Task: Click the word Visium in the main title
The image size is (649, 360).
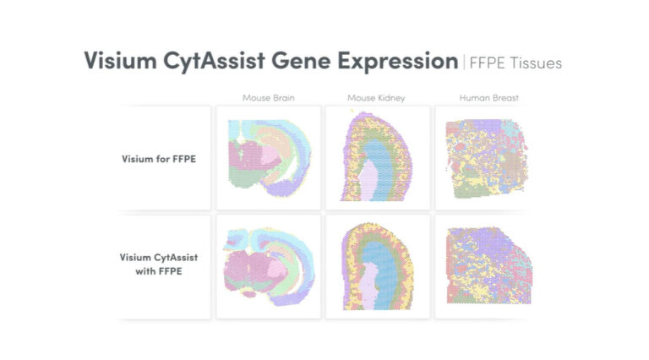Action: pos(117,61)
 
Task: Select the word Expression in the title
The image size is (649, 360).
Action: pos(393,61)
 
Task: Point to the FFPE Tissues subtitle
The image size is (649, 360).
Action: pos(515,62)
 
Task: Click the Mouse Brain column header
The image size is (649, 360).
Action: pos(268,98)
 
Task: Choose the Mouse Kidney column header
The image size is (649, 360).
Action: pos(376,98)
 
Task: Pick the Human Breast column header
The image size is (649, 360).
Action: pos(488,98)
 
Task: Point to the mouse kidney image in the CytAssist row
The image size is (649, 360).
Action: pos(376,267)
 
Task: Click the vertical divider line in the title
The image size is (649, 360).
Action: pos(463,62)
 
